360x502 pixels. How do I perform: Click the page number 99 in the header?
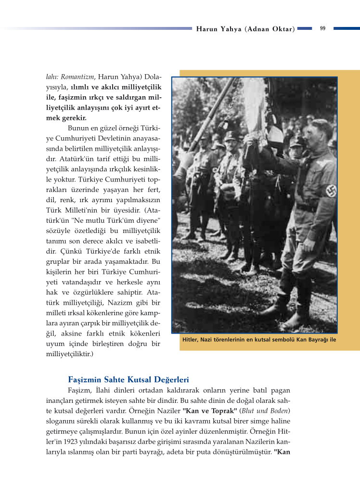point(322,28)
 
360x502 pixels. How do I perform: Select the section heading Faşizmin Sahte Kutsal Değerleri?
point(128,380)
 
